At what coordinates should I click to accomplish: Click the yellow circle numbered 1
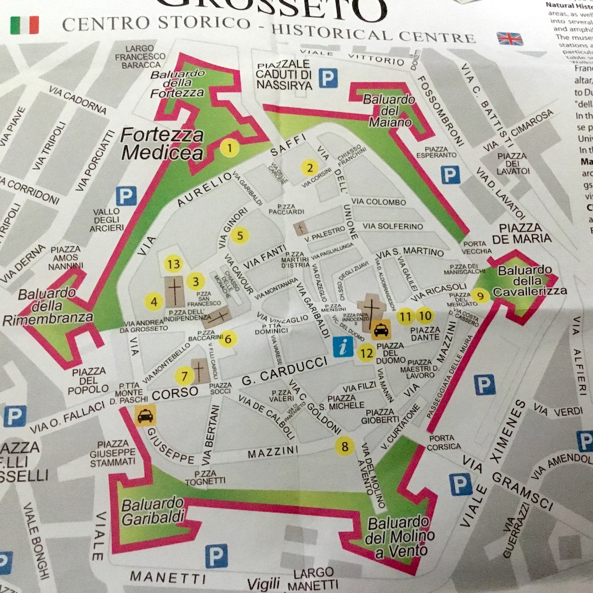tap(230, 147)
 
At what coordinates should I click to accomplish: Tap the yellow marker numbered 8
tap(344, 446)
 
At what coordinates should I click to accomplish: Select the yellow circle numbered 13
tap(173, 264)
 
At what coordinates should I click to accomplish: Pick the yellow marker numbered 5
tap(240, 235)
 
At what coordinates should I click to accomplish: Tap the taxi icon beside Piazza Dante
tap(381, 328)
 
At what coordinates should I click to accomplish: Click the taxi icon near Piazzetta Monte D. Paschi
tap(145, 415)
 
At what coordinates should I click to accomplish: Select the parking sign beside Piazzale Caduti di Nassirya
tap(328, 78)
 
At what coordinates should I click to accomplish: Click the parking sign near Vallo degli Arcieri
tap(126, 197)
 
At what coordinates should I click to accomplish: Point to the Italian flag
tap(24, 25)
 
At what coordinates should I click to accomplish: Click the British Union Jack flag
tap(509, 38)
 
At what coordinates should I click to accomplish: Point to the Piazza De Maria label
tap(525, 233)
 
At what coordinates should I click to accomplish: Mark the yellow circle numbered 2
tap(310, 168)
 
